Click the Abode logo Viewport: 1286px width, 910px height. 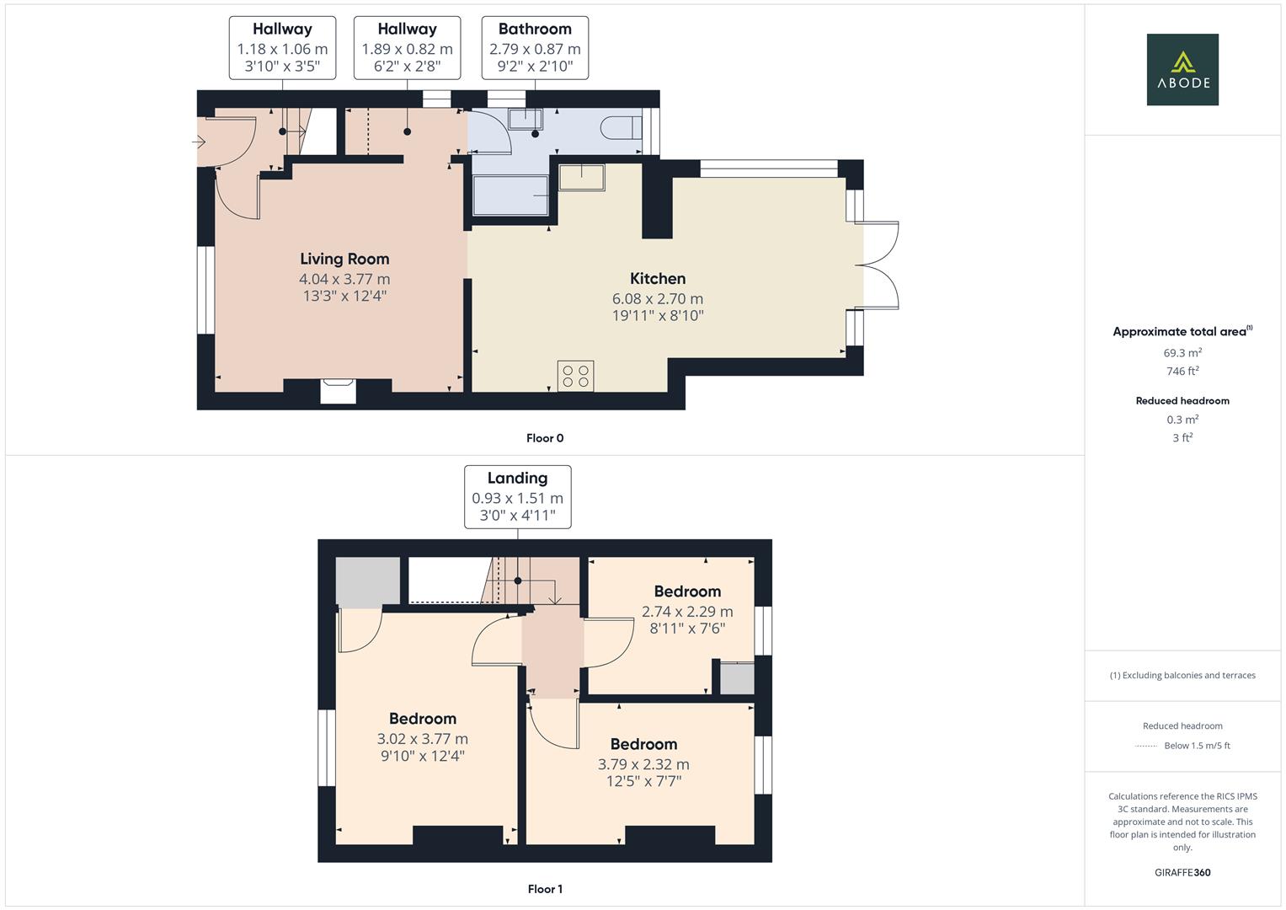[x=1182, y=70]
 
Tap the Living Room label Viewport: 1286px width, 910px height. [x=344, y=259]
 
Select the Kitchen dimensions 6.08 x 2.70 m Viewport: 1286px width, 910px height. [x=658, y=298]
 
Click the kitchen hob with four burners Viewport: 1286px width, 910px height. [x=575, y=376]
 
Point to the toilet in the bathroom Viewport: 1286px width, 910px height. [x=622, y=127]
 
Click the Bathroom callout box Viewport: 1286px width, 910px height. [x=535, y=47]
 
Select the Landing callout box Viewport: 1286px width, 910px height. [x=517, y=496]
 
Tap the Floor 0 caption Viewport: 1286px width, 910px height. [x=545, y=438]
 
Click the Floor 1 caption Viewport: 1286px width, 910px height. [x=545, y=889]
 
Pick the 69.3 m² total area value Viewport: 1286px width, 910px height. [x=1182, y=353]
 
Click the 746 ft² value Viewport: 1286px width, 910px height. [x=1182, y=371]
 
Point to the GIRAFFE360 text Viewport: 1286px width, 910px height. [x=1182, y=872]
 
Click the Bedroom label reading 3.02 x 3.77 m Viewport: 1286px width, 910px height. [x=423, y=719]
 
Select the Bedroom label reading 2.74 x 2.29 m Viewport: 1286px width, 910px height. [x=687, y=591]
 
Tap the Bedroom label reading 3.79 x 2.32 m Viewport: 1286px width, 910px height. [x=643, y=744]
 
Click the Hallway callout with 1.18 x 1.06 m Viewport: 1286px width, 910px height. [x=282, y=47]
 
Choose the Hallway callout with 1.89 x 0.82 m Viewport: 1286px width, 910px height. [x=407, y=47]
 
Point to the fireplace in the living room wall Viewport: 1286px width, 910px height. [x=339, y=392]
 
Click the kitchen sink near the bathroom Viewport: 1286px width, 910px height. [x=582, y=178]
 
